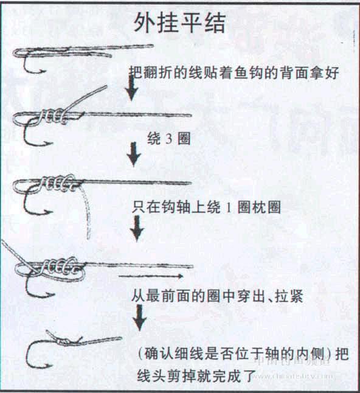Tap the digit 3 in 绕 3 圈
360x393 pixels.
pos(168,139)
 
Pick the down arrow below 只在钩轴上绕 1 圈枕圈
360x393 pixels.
pos(139,227)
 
